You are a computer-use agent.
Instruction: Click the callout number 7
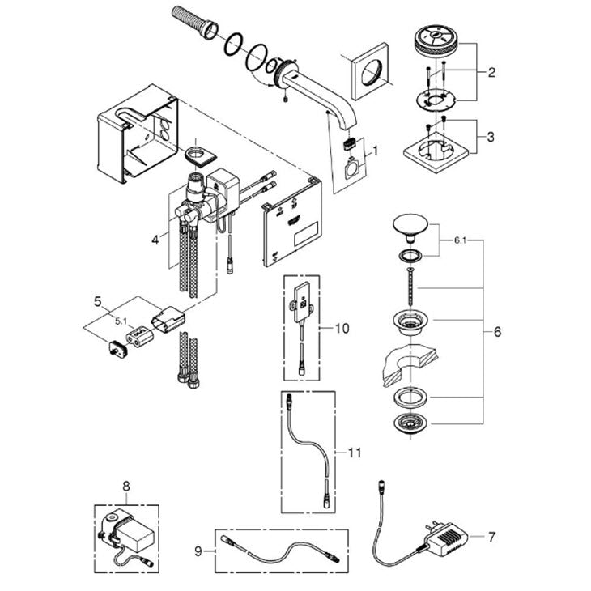[x=491, y=537]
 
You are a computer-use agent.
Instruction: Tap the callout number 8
[x=126, y=487]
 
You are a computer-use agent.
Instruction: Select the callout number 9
[x=198, y=552]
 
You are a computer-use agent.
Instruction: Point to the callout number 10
[x=342, y=329]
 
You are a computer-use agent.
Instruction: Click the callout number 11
[x=355, y=453]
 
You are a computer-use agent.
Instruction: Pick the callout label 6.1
[x=460, y=240]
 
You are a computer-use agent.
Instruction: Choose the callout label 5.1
[x=121, y=321]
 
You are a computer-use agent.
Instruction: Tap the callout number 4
[x=155, y=240]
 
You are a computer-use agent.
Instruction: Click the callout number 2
[x=491, y=72]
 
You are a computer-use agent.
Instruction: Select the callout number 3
[x=491, y=137]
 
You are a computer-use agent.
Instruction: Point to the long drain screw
[x=410, y=286]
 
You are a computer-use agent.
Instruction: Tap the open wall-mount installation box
[x=138, y=134]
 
